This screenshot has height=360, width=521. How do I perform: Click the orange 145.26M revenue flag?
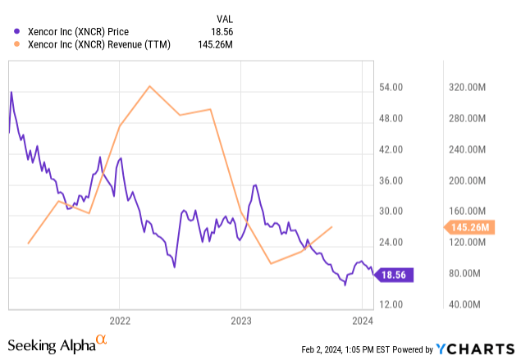469,227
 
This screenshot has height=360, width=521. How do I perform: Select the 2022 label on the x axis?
120,320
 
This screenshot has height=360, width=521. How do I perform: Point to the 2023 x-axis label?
240,320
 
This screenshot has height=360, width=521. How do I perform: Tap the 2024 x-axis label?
362,320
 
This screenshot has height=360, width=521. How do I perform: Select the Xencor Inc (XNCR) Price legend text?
78,32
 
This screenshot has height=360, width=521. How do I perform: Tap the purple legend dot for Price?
19,32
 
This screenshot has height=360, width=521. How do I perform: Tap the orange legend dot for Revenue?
19,44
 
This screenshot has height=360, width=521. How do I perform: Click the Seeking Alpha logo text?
50,346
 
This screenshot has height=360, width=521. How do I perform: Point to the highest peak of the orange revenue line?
149,86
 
